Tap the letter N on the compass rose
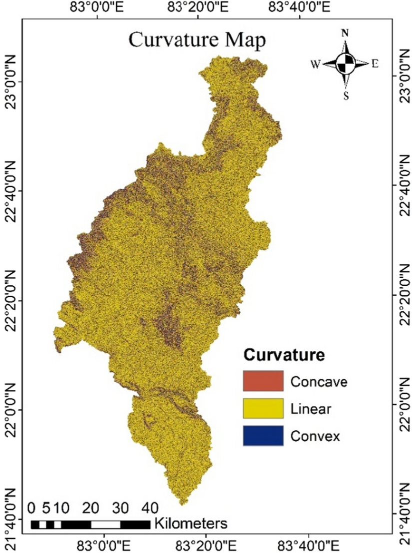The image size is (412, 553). pos(344,33)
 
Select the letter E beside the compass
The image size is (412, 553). pos(374,64)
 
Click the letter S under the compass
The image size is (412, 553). pos(345,96)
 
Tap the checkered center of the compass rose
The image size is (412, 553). pos(345,63)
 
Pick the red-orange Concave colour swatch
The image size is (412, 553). pos(263,381)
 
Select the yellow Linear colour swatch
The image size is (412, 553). pos(263,408)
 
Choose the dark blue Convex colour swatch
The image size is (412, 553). pos(263,435)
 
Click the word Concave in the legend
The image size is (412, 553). pos(318,382)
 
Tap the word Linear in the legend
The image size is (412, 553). pos(310,409)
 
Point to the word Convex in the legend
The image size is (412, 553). pos(315,436)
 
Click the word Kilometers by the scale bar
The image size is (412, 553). pos(191,524)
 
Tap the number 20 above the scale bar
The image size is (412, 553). pos(90,508)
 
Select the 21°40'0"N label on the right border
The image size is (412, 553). pos(404,519)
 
